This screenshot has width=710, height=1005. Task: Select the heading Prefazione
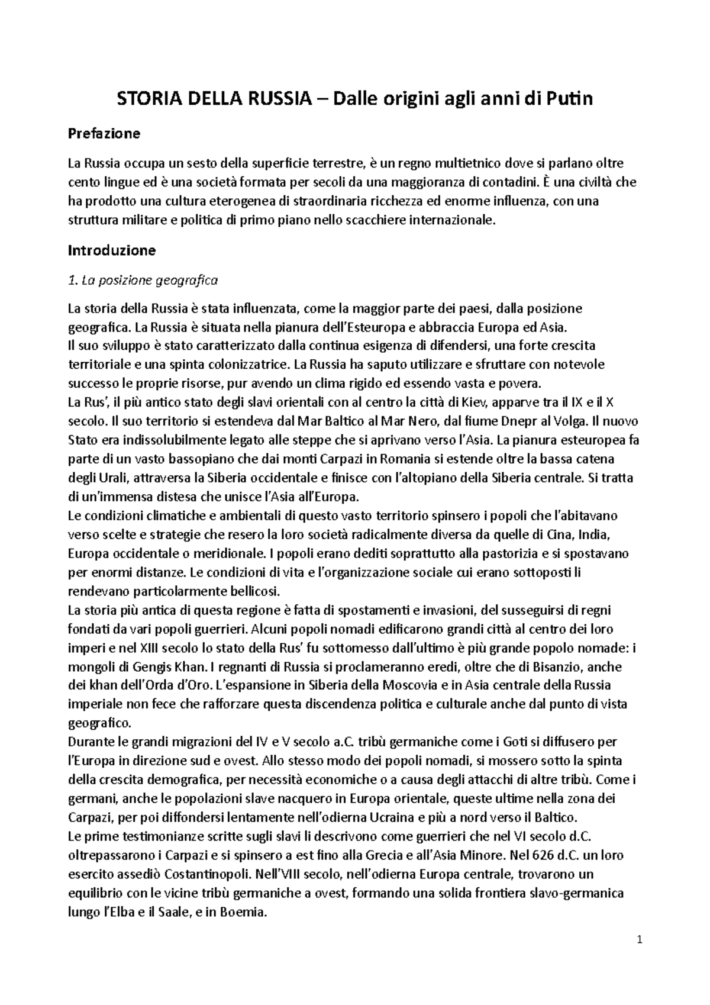[x=104, y=134]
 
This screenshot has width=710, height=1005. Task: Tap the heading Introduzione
[x=111, y=250]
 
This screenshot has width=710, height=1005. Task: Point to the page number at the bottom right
[x=639, y=940]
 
